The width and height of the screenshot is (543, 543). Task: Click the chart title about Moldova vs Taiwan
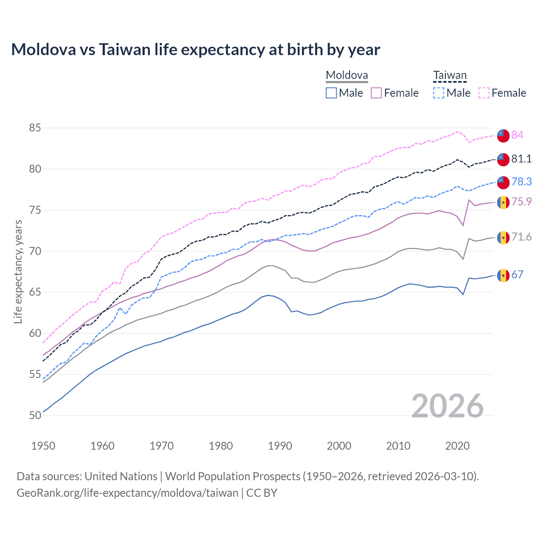(196, 50)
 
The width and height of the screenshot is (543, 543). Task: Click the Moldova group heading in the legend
(347, 76)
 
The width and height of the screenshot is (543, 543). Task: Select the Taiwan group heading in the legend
(450, 76)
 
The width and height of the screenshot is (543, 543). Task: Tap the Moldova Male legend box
(331, 93)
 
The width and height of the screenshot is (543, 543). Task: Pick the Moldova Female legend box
(376, 93)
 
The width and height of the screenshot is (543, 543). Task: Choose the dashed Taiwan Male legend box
(439, 93)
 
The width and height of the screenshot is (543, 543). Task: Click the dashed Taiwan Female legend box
(484, 93)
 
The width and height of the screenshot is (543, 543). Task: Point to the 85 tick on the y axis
(35, 128)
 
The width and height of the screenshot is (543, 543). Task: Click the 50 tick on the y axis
(35, 415)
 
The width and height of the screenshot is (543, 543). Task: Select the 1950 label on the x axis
(43, 446)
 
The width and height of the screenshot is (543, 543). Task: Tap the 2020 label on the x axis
(457, 446)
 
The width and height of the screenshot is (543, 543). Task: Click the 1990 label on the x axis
(280, 446)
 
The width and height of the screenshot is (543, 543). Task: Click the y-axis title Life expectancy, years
(18, 271)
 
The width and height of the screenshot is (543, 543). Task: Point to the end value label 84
(517, 135)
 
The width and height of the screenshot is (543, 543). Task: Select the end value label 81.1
(521, 159)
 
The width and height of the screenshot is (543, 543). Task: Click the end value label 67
(517, 274)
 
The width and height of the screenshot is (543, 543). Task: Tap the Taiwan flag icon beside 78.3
(503, 182)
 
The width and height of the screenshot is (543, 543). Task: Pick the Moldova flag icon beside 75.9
(503, 202)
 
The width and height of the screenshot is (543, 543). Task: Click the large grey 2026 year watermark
(447, 406)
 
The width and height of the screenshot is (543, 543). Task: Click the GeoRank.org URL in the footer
(127, 493)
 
